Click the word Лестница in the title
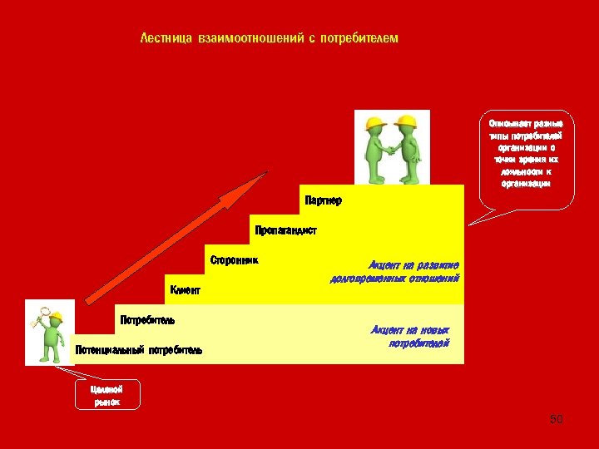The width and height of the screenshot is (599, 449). (166, 38)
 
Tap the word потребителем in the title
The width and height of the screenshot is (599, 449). (363, 38)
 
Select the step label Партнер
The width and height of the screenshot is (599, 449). (323, 200)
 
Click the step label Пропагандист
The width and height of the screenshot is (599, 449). (285, 230)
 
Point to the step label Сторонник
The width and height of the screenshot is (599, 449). (234, 260)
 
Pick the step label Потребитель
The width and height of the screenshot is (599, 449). (147, 319)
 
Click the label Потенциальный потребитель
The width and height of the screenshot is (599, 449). (138, 350)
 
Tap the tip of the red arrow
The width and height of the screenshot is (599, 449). (266, 174)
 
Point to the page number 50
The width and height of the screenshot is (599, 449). (557, 419)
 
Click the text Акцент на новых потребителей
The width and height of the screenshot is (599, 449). (410, 336)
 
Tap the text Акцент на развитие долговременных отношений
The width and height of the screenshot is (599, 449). (395, 271)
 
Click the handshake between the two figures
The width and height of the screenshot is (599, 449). (392, 150)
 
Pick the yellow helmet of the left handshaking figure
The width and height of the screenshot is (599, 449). (375, 122)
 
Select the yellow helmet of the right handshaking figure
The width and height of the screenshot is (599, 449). (406, 121)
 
